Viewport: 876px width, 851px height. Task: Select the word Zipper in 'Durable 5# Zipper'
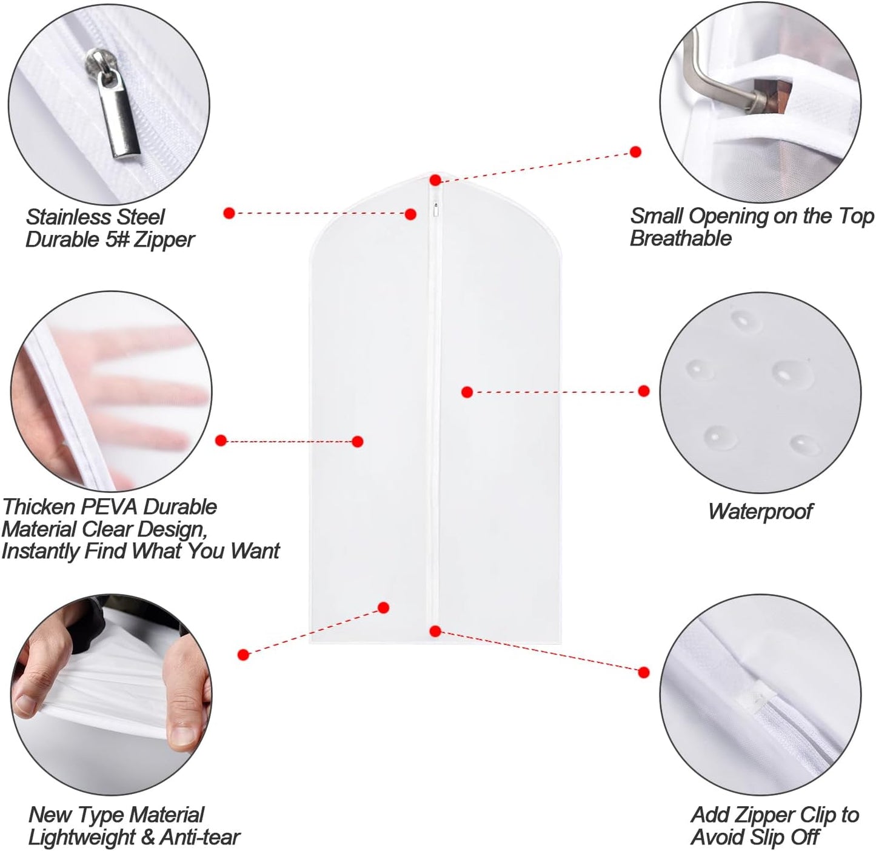164,239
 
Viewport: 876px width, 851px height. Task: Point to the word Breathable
680,238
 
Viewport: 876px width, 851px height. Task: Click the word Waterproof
760,511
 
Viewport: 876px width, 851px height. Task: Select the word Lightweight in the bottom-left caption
82,837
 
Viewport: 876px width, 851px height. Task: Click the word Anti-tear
200,837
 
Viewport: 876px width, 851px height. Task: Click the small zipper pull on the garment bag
435,210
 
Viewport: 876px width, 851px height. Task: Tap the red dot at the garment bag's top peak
435,180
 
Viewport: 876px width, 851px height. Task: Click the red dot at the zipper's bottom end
435,632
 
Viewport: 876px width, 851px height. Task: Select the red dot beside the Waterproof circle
644,391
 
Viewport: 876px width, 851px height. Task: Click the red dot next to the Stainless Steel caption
229,213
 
